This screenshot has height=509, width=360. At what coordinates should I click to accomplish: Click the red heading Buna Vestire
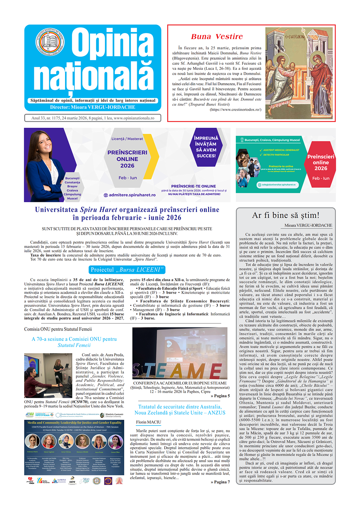(x=217, y=37)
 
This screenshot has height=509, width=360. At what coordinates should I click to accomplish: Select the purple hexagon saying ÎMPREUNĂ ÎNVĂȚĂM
(x=206, y=147)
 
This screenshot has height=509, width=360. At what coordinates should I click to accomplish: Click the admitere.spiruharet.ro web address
(x=130, y=195)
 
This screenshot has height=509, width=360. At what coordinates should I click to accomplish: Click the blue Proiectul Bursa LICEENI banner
(x=127, y=270)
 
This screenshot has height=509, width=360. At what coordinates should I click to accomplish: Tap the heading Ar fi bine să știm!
(x=285, y=215)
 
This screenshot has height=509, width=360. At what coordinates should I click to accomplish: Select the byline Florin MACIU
(x=149, y=422)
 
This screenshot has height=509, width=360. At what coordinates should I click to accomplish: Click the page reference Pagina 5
(x=220, y=396)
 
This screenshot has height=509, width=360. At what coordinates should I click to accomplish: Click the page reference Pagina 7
(x=220, y=482)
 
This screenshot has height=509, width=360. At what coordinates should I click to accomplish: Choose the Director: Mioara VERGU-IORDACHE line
(x=93, y=107)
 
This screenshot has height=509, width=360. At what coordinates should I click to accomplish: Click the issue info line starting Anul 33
(x=93, y=118)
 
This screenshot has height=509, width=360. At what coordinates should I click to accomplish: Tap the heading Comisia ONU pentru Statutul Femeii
(x=58, y=329)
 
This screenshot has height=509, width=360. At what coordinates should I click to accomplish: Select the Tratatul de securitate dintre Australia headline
(x=180, y=410)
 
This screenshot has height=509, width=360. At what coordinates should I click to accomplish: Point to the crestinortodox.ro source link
(x=236, y=109)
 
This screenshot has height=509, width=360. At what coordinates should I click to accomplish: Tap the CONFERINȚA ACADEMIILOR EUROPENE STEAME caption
(x=180, y=383)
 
